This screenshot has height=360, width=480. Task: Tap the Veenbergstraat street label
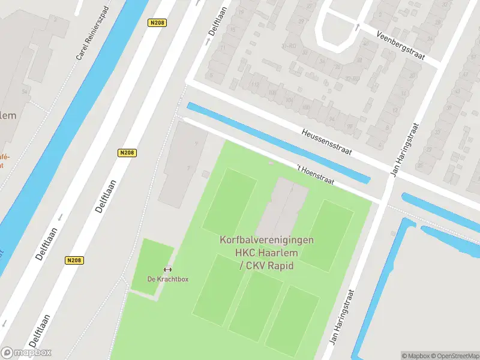(400, 47)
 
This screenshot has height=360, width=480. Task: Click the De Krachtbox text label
(167, 279)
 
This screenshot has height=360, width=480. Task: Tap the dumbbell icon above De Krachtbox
(167, 269)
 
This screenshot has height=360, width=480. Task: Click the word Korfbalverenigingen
(266, 240)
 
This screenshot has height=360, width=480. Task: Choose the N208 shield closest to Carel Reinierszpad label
(157, 22)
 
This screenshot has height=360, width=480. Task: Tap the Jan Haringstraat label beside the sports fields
(343, 317)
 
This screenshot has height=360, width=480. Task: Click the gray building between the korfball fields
(282, 207)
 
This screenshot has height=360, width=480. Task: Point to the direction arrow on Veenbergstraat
(358, 26)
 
